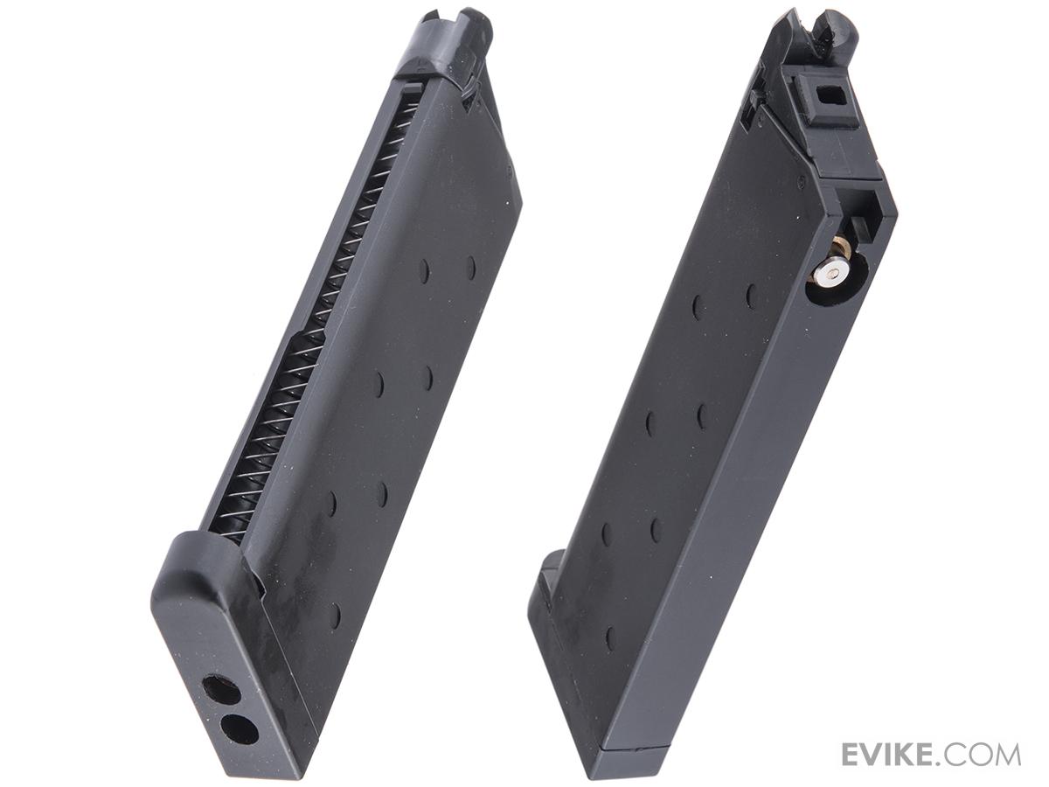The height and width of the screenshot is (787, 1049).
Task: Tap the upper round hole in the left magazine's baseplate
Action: [220, 690]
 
